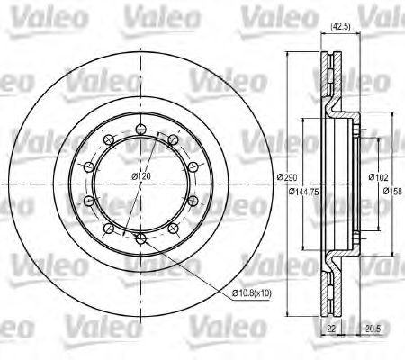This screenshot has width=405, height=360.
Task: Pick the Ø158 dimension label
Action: coord(392,192)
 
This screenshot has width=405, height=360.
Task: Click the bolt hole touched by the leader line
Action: coord(141,238)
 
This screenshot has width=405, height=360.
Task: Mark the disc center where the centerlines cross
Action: coord(140,185)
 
